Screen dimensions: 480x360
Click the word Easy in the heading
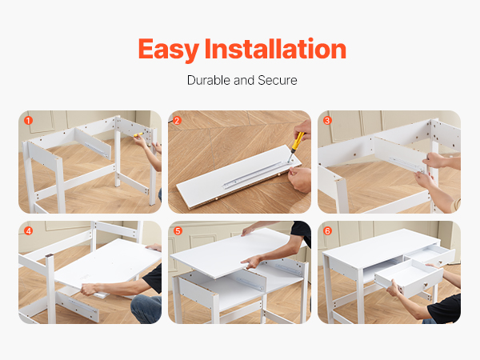pyautogui.click(x=169, y=50)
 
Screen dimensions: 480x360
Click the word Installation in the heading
pyautogui.click(x=275, y=48)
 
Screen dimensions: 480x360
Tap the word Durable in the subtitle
pyautogui.click(x=209, y=80)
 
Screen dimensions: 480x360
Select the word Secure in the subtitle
pyautogui.click(x=278, y=80)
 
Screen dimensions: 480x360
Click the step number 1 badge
pyautogui.click(x=28, y=121)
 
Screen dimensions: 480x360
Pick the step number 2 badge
pyautogui.click(x=178, y=121)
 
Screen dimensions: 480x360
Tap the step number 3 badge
pyautogui.click(x=327, y=121)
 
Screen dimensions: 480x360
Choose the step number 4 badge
pyautogui.click(x=28, y=231)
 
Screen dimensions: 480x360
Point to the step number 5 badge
pyautogui.click(x=178, y=231)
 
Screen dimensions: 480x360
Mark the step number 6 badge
pyautogui.click(x=327, y=231)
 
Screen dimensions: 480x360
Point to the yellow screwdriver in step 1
pyautogui.click(x=138, y=134)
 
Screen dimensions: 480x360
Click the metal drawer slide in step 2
pyautogui.click(x=257, y=174)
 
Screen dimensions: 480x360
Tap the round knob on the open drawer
pyautogui.click(x=425, y=286)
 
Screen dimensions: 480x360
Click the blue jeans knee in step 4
pyautogui.click(x=146, y=309)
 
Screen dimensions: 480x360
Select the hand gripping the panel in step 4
pyautogui.click(x=89, y=289)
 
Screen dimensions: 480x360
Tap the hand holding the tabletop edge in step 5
pyautogui.click(x=252, y=262)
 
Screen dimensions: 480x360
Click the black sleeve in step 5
pyautogui.click(x=302, y=232)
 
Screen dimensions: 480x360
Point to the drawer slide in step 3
pyautogui.click(x=406, y=164)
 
